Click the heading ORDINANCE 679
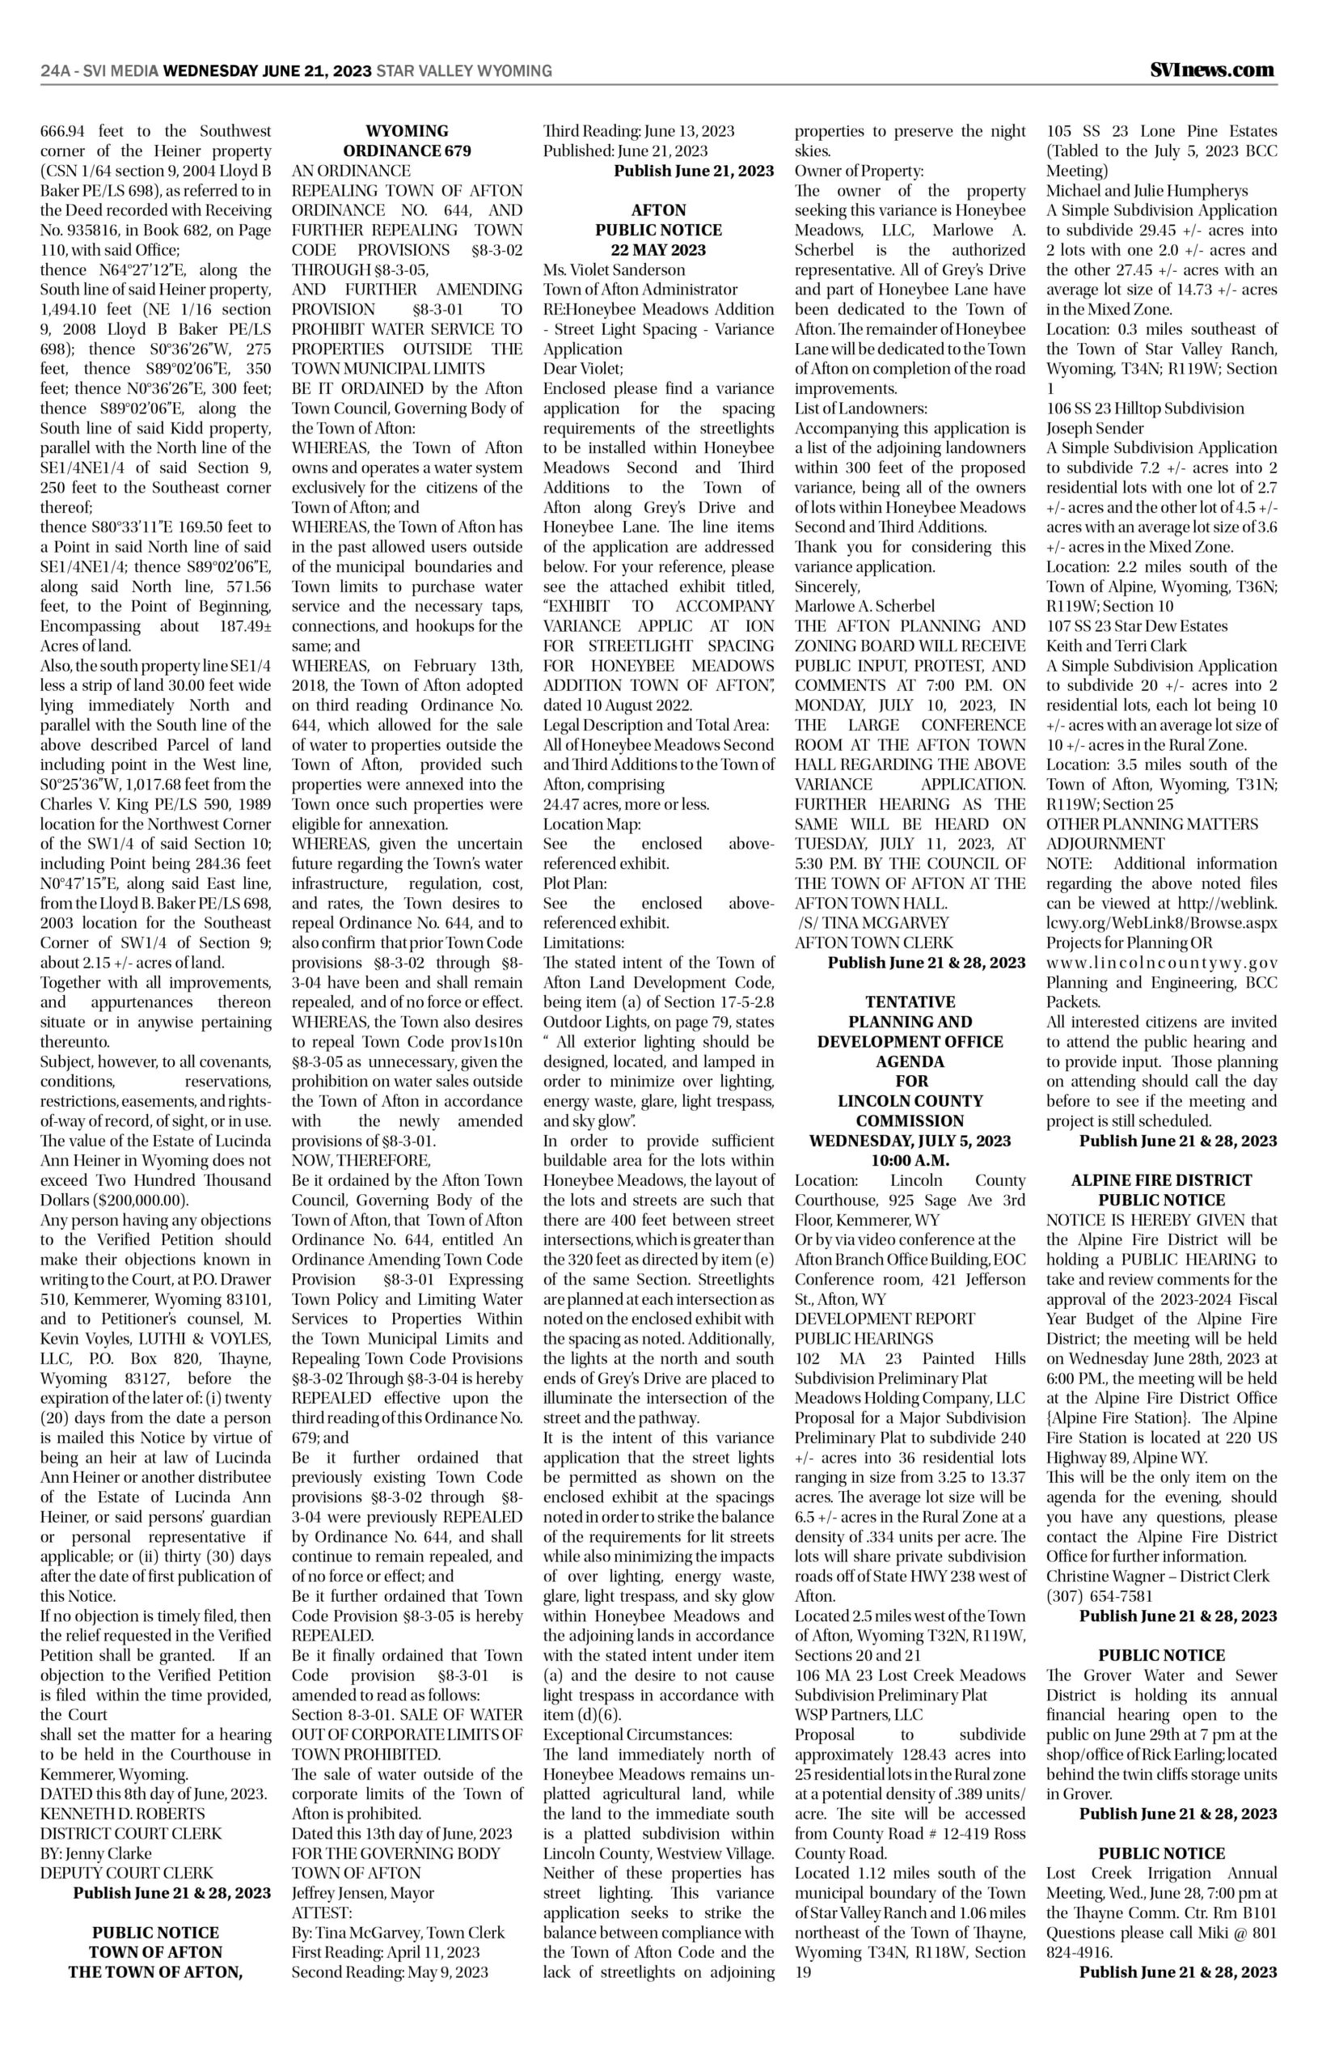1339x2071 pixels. click(x=407, y=151)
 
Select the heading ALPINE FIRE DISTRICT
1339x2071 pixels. click(x=1162, y=1180)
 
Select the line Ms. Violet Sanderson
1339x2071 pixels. click(x=601, y=269)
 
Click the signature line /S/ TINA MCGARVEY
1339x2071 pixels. click(x=872, y=923)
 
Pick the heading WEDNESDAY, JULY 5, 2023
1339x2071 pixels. click(x=910, y=1141)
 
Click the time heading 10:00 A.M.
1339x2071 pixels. click(x=910, y=1161)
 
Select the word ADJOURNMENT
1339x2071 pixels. click(x=1105, y=844)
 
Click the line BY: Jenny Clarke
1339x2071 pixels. click(x=95, y=1853)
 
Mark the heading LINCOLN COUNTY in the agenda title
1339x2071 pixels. click(x=910, y=1101)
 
